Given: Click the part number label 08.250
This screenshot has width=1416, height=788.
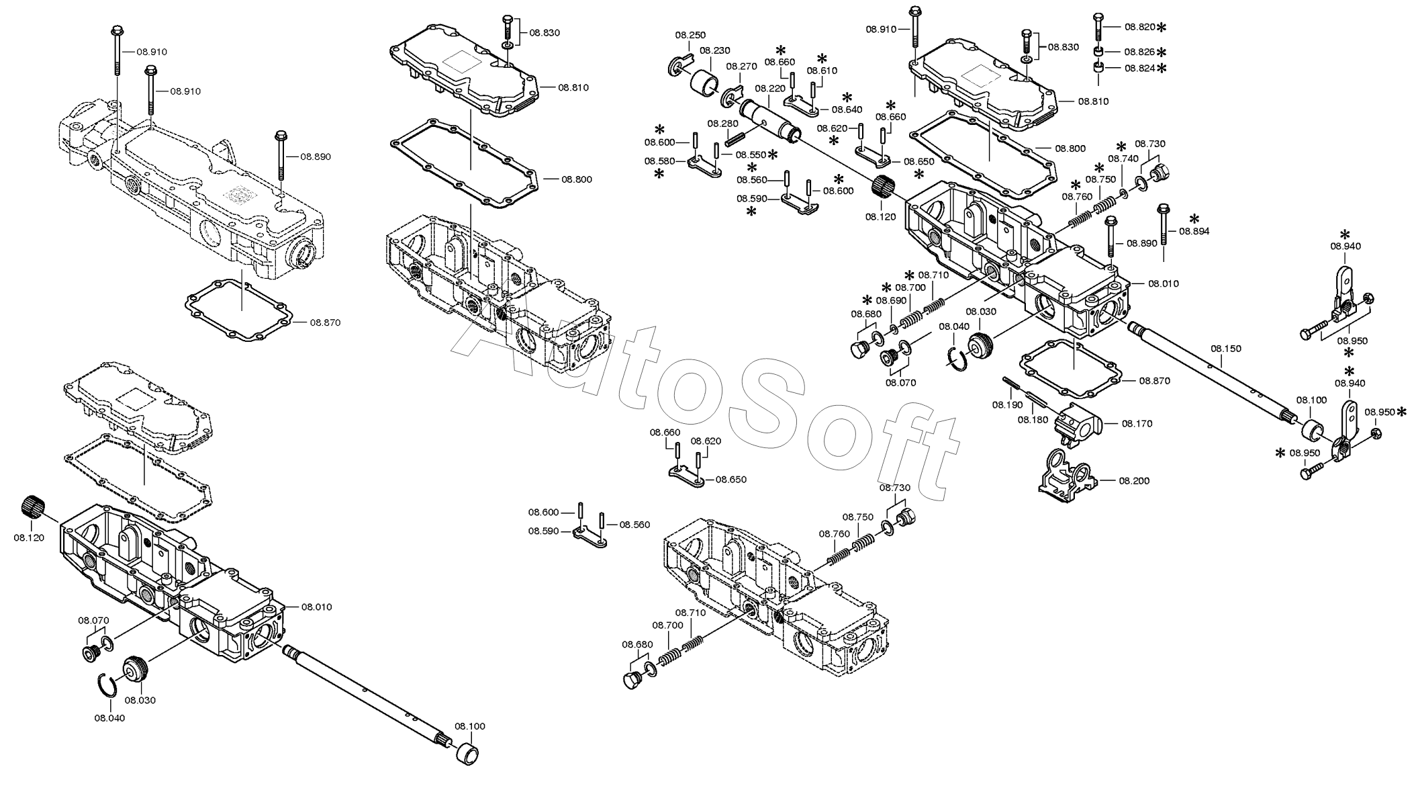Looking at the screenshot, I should click(690, 35).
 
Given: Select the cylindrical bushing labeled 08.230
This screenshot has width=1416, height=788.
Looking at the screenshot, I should click(704, 83).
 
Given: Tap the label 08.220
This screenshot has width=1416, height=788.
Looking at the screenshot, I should click(769, 88).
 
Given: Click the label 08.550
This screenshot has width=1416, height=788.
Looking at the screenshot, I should click(750, 155).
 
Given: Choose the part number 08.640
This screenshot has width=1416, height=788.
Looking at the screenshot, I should click(847, 110).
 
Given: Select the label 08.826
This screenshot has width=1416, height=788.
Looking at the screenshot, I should click(1139, 52).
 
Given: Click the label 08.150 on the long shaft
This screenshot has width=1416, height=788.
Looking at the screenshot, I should click(1226, 349).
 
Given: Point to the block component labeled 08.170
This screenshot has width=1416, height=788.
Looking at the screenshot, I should click(1076, 426).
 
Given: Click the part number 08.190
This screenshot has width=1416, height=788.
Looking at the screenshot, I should click(1007, 404).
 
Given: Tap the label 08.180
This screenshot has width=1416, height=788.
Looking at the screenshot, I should click(1032, 420).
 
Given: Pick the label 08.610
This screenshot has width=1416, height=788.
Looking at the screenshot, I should click(822, 71).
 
